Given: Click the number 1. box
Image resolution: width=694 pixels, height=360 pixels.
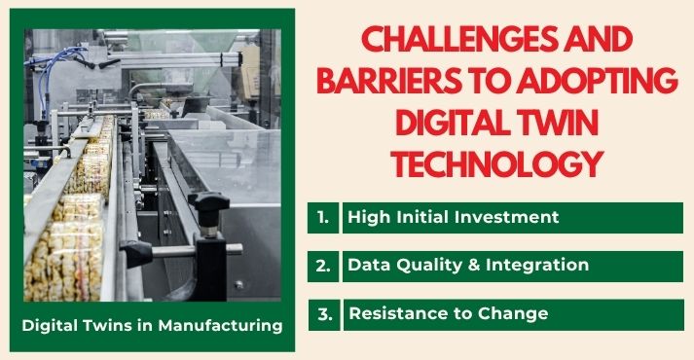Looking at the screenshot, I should [x=323, y=217].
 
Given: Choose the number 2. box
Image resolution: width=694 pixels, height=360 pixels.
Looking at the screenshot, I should [x=323, y=265].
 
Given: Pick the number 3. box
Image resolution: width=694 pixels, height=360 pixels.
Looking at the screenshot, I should [x=323, y=313].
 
